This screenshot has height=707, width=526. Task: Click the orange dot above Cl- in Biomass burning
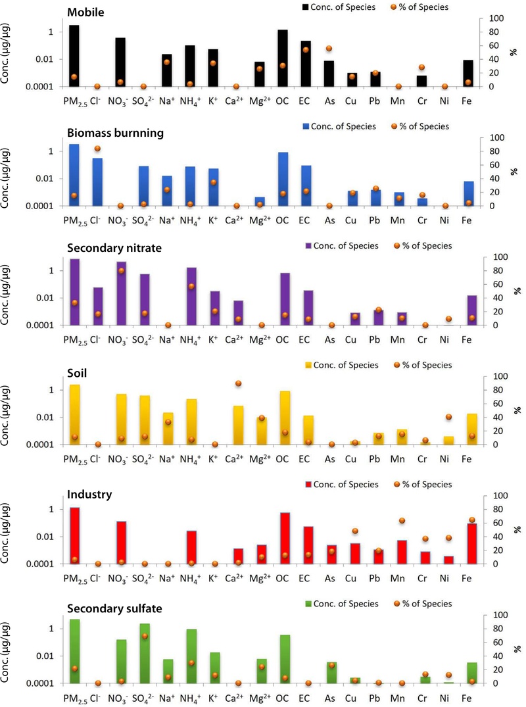97,149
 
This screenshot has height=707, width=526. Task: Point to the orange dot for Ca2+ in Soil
238,383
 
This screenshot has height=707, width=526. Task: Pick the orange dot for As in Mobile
329,48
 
